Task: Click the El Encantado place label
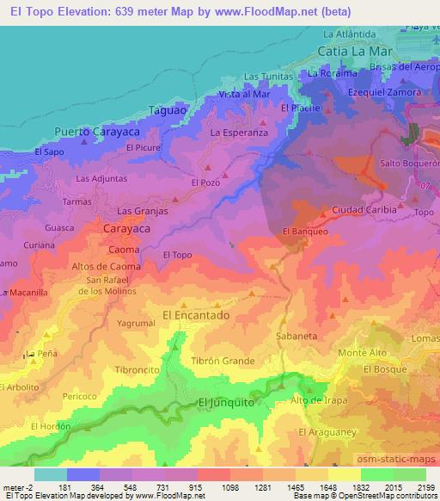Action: click(197, 316)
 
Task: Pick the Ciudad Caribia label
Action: click(364, 209)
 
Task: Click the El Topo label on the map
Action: click(176, 255)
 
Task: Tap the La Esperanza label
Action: click(240, 133)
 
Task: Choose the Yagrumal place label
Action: click(136, 323)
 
